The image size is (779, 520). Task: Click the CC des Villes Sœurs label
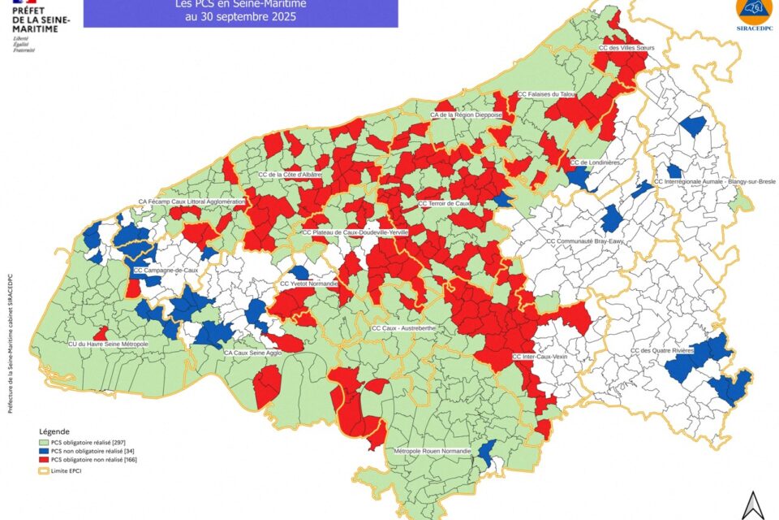coord(626,48)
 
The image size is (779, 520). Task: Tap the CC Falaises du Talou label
coord(547,94)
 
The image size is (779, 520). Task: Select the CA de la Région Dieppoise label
coord(467,115)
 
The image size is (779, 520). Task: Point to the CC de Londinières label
coord(595,162)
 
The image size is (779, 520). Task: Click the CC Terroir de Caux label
coord(443,202)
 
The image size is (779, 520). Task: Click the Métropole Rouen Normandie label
coord(433,450)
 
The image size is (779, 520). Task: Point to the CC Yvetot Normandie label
coord(308,284)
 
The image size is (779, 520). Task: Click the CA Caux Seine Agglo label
coord(252,353)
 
